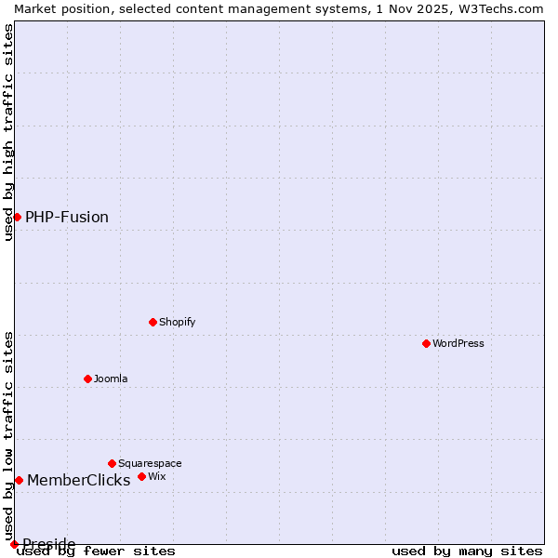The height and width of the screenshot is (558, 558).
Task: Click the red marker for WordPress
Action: click(426, 343)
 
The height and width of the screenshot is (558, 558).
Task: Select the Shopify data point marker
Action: click(153, 322)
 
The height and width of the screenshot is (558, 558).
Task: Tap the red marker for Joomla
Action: click(87, 379)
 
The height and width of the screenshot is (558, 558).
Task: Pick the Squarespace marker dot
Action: click(112, 463)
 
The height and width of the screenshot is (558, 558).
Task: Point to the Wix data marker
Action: click(141, 476)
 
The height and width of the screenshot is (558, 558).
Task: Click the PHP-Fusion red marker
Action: click(17, 217)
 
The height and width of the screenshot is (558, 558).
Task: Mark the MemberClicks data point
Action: click(19, 480)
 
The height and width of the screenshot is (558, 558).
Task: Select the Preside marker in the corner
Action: click(14, 544)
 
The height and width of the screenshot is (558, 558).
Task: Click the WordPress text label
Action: click(458, 343)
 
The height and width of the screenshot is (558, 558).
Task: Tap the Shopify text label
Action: click(177, 322)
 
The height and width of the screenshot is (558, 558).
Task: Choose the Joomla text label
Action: click(111, 379)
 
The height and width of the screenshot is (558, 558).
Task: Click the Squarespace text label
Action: click(150, 463)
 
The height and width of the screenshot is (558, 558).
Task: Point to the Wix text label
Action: click(156, 476)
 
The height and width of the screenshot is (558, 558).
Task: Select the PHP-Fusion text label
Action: click(67, 217)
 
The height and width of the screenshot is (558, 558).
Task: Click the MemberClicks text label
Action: click(79, 480)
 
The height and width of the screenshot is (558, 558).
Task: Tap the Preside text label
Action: click(49, 543)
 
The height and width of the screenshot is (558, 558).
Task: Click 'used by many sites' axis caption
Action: click(466, 551)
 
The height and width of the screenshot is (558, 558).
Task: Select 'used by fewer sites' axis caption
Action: click(96, 551)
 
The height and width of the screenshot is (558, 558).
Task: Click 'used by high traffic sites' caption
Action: click(8, 132)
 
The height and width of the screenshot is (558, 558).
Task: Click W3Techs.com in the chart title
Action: click(499, 8)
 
